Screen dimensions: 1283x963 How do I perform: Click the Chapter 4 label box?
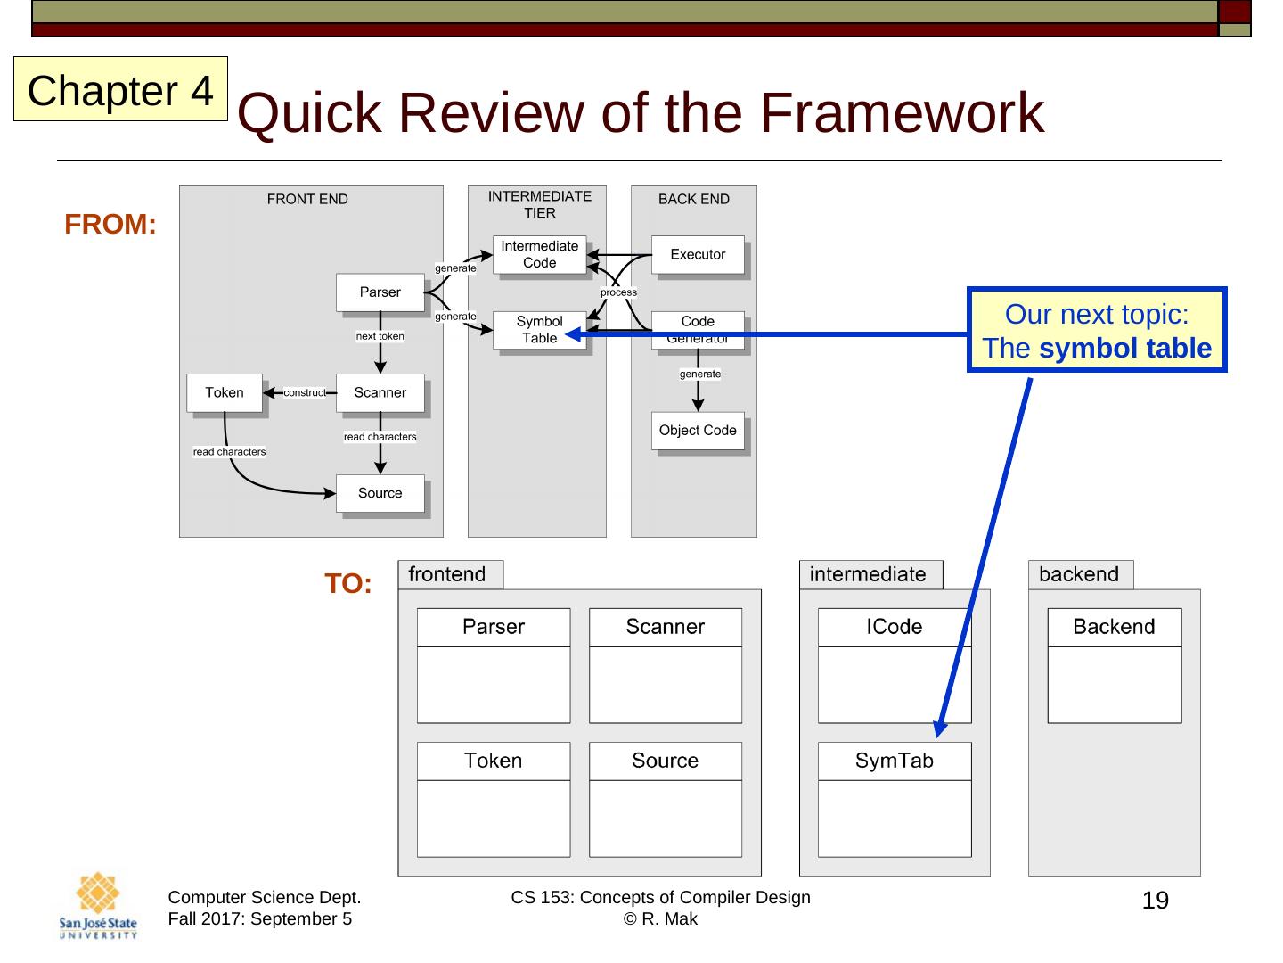(120, 89)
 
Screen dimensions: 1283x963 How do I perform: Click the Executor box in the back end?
(698, 254)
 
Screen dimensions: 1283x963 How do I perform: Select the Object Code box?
(698, 431)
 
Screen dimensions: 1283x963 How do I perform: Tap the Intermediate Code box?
(539, 254)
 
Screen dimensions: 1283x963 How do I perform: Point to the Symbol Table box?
(539, 330)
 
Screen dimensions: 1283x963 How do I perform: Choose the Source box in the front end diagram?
(380, 493)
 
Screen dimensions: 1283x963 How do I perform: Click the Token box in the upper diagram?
(225, 392)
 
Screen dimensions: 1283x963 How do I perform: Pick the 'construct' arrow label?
(305, 392)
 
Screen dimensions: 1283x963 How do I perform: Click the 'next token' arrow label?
(380, 336)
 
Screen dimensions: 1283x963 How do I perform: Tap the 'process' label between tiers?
(618, 292)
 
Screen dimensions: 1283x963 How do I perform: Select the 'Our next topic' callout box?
(1097, 330)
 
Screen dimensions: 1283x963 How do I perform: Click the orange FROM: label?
(110, 224)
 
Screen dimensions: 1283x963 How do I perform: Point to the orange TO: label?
(347, 583)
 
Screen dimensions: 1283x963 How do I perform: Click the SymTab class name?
(894, 760)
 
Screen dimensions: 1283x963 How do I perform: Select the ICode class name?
(894, 626)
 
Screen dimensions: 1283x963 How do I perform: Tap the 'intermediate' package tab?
(870, 575)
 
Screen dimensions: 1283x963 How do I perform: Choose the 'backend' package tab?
(1081, 575)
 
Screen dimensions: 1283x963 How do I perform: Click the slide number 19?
(1155, 901)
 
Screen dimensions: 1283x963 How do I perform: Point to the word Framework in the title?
(902, 112)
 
